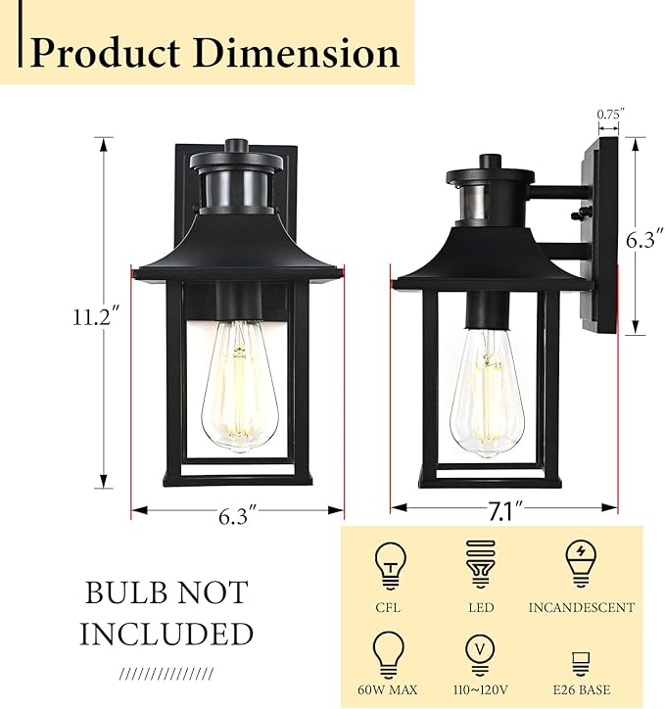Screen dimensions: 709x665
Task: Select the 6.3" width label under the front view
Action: pyautogui.click(x=237, y=513)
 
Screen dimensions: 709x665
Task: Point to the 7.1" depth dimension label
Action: pyautogui.click(x=504, y=509)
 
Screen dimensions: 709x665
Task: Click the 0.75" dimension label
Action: pyautogui.click(x=609, y=115)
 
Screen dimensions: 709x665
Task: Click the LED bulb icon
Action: pyautogui.click(x=481, y=566)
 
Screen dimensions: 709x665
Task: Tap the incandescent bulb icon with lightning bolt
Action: pyautogui.click(x=582, y=565)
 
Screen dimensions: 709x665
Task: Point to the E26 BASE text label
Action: pyautogui.click(x=582, y=690)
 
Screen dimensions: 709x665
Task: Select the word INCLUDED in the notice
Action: pyautogui.click(x=166, y=635)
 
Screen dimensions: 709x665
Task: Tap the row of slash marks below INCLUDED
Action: pyautogui.click(x=165, y=675)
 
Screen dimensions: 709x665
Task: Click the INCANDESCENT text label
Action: pyautogui.click(x=582, y=608)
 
